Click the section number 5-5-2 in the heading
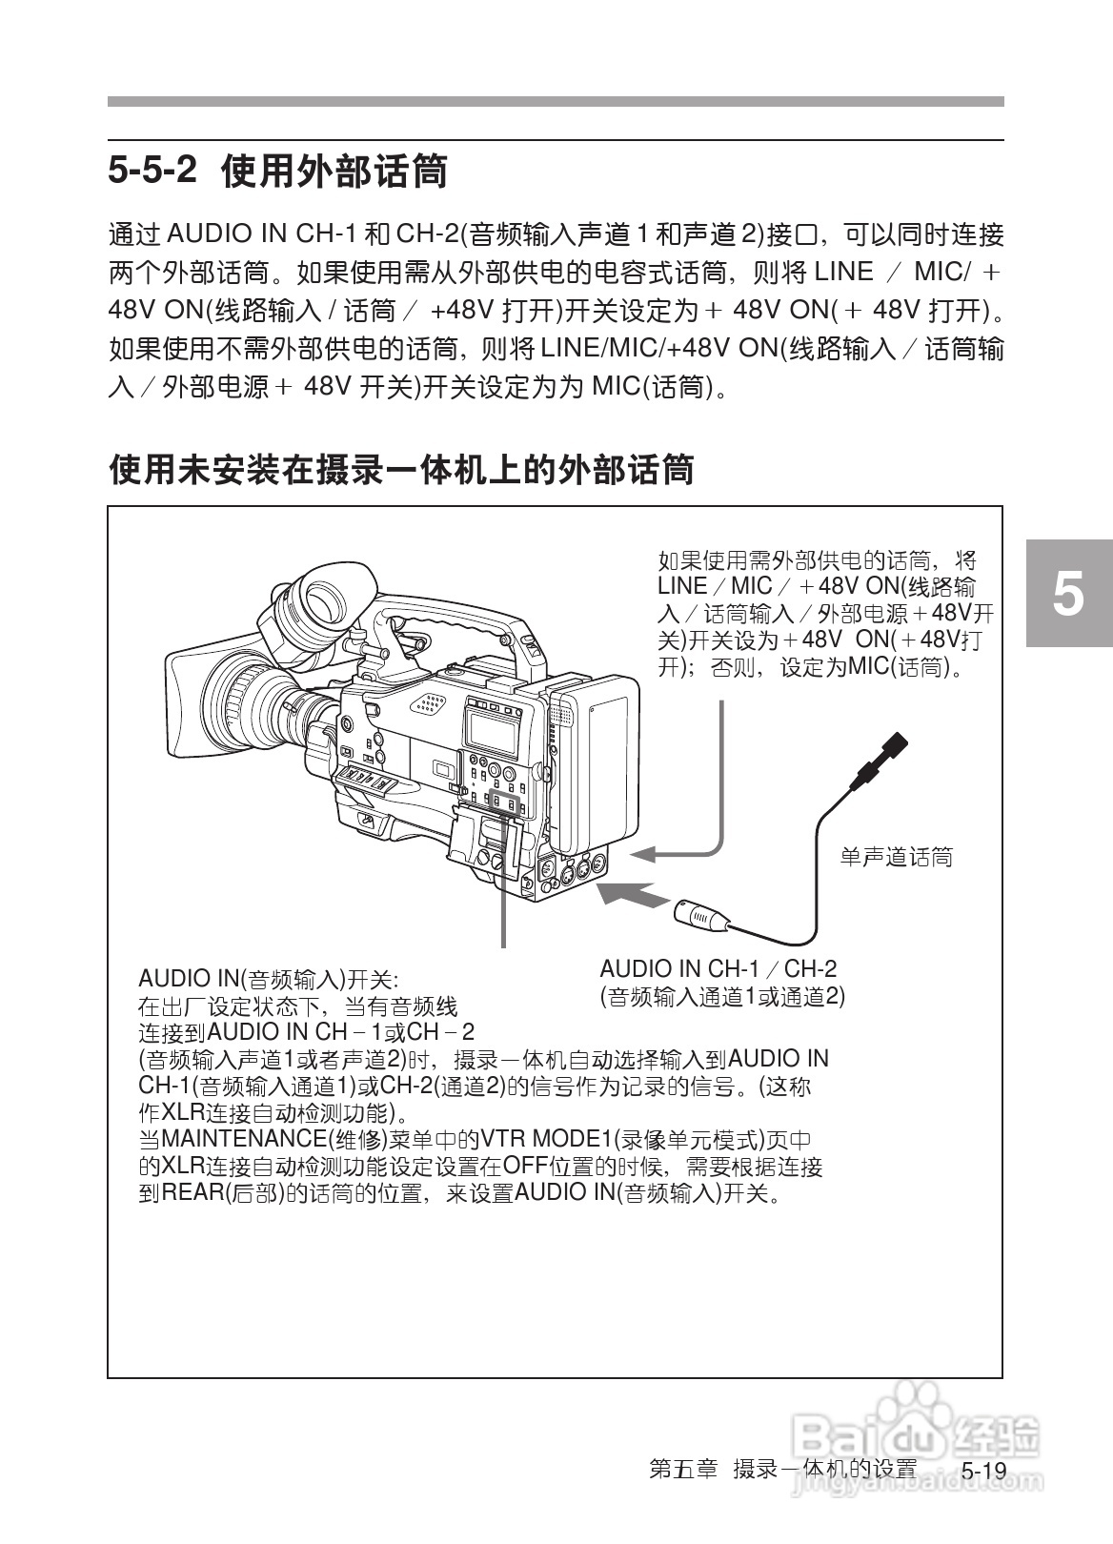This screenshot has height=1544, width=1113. (152, 172)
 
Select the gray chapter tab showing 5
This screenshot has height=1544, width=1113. (1069, 594)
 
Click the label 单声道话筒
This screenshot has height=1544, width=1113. (896, 857)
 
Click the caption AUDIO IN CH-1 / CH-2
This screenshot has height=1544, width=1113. (718, 969)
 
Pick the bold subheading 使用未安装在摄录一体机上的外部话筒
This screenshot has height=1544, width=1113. (401, 469)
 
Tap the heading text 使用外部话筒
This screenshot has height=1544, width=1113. (334, 172)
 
